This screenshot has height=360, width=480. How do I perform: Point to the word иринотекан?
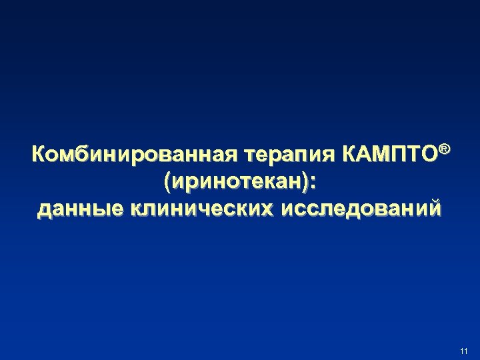[240, 182]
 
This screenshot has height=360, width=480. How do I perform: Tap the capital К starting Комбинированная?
[39, 156]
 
